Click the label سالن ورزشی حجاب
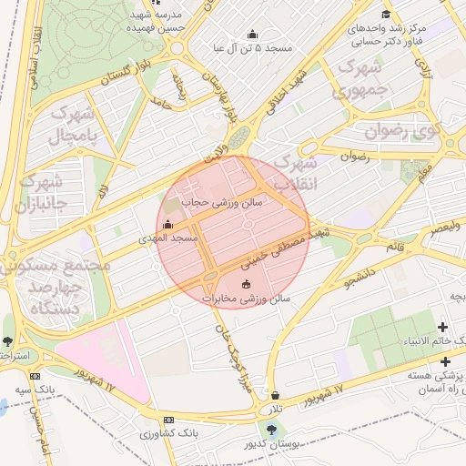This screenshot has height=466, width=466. (221, 203)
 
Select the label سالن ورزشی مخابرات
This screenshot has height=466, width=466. (246, 298)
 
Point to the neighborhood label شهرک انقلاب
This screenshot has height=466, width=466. (298, 172)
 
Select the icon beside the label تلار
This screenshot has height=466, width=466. (276, 396)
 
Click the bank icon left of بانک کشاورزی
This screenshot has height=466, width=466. (167, 420)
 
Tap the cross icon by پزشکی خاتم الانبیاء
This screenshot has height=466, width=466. (444, 327)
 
